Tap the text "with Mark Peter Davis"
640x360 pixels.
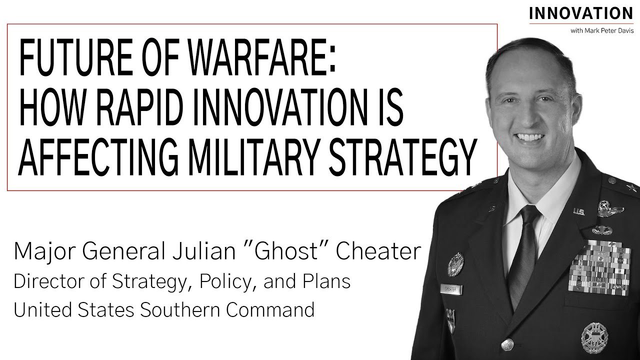(x=601, y=31)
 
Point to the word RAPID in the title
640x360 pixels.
(x=152, y=110)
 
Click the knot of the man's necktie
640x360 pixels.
(x=529, y=215)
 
